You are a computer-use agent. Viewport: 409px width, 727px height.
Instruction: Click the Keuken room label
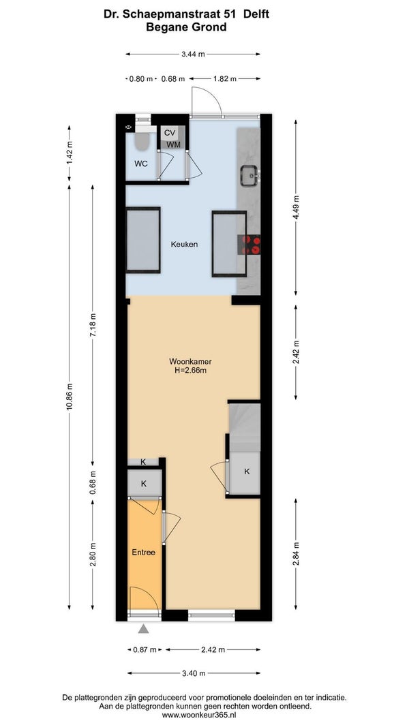pos(184,244)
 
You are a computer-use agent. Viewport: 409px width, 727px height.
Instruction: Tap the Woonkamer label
pos(187,362)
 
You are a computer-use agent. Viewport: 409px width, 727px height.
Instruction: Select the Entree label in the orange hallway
pos(144,552)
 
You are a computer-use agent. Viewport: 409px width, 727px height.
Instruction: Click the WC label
pos(141,164)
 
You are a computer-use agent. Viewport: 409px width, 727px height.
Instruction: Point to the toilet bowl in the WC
pos(142,141)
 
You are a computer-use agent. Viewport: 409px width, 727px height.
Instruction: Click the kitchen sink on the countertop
pos(249,176)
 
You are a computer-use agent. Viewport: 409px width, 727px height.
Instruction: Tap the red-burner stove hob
pos(249,245)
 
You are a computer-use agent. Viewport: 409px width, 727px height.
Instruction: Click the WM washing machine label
pos(173,144)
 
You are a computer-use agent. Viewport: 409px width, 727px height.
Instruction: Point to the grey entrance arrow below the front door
pos(144,629)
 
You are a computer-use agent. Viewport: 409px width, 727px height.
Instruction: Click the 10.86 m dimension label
pos(70,397)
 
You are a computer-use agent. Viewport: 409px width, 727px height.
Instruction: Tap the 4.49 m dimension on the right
pos(296,206)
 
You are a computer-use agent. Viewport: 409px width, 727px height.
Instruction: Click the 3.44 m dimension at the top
pos(193,55)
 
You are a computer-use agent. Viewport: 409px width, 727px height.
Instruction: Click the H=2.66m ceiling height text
pos(187,370)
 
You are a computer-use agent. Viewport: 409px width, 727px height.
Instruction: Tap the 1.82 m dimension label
pos(224,79)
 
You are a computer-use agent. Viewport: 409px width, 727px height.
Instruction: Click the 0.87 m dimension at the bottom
pos(145,649)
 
